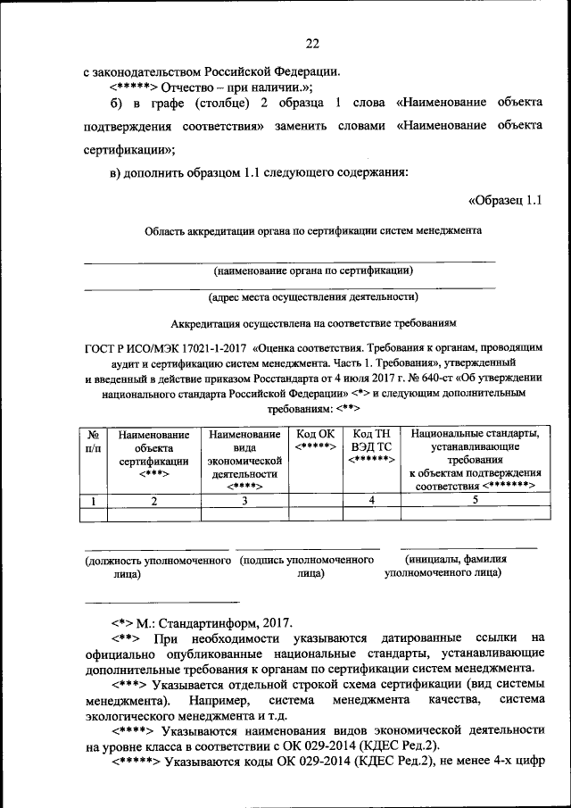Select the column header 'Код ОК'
[315, 440]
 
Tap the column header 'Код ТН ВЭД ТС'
[371, 446]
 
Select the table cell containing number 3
[244, 501]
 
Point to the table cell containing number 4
[371, 501]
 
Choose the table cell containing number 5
[476, 501]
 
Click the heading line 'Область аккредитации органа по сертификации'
[314, 230]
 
